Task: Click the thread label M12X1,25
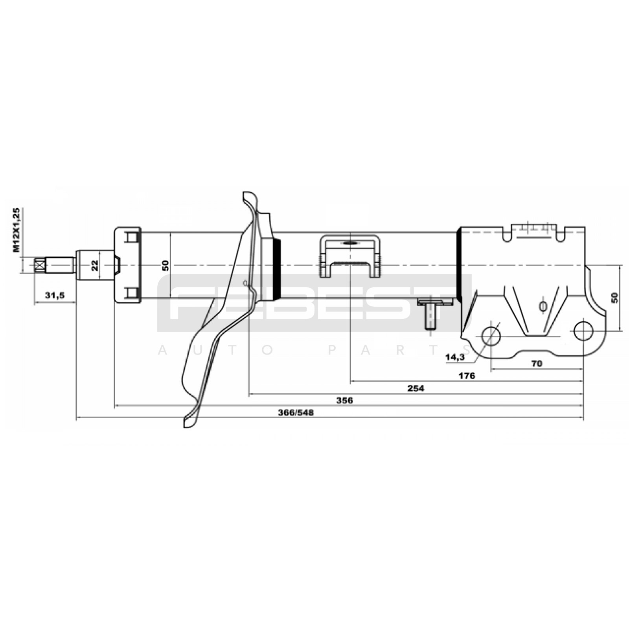point(16,230)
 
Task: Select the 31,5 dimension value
point(55,296)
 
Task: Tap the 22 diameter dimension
point(95,265)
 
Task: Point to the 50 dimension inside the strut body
point(166,265)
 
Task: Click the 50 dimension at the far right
point(615,298)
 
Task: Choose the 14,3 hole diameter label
point(455,357)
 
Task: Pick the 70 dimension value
point(537,364)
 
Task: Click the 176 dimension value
point(467,376)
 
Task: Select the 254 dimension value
point(416,388)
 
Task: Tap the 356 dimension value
point(345,401)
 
